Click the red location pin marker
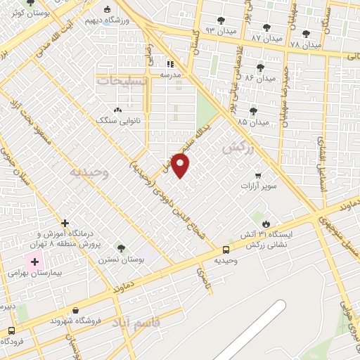pos(181,165)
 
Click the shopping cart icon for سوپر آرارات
pos(258,176)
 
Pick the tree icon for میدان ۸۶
pos(261,67)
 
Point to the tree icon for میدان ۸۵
pos(253,110)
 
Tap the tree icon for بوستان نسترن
pos(121,247)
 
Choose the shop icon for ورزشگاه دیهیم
pos(107,10)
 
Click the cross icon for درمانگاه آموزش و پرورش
pos(65,223)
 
